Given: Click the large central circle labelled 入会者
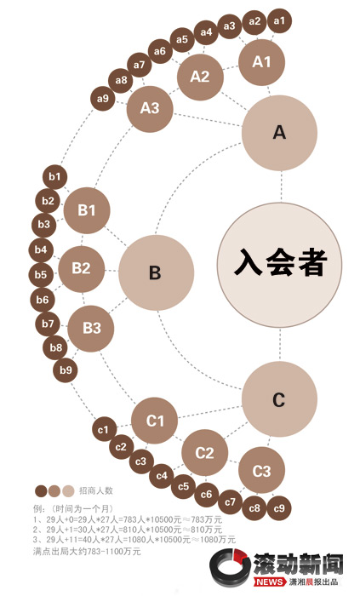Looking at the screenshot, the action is click(x=279, y=265).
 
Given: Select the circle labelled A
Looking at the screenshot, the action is click(x=279, y=133).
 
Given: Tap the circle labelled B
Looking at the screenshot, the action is click(x=156, y=272).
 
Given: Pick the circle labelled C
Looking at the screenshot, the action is click(x=279, y=399).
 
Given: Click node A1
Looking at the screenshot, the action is click(x=261, y=62).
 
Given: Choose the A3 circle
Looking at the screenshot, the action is click(x=150, y=109).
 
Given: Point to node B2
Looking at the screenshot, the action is click(x=81, y=269).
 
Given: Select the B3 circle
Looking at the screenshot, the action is click(x=91, y=329).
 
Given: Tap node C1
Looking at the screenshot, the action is click(x=155, y=421).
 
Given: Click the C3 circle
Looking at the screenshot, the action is click(x=261, y=470).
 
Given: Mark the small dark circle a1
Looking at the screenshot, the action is click(x=279, y=20).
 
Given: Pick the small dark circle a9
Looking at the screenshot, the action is click(x=102, y=99).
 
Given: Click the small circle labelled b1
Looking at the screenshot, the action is click(x=55, y=177).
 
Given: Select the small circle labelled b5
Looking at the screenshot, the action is click(x=41, y=274).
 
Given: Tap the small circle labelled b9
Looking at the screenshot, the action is click(x=66, y=370).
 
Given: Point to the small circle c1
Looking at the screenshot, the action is click(x=104, y=429).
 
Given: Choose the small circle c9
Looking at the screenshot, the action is click(x=279, y=508).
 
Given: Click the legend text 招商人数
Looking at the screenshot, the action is click(x=96, y=490).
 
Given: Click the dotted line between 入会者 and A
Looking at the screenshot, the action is click(x=282, y=186).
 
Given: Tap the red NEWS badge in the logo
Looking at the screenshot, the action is click(x=270, y=582).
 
